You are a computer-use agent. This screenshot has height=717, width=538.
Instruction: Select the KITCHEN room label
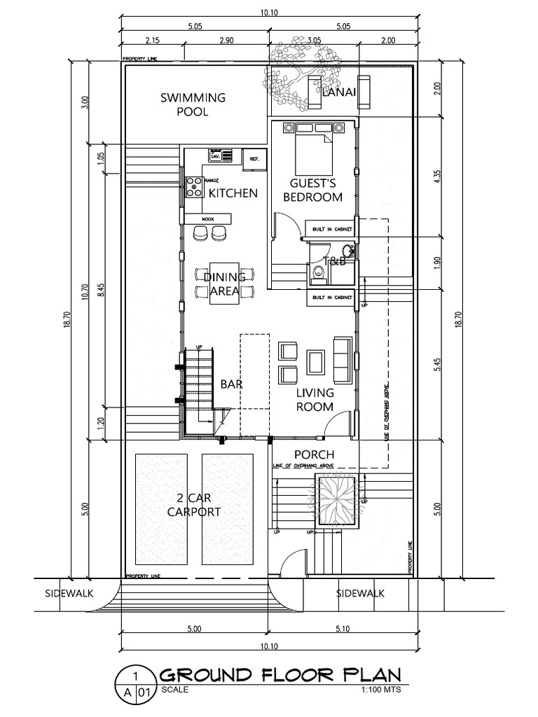coord(233,193)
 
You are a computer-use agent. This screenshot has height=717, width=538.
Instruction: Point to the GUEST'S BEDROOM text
coord(312,190)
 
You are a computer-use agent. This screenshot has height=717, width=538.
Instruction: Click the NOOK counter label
coord(207,218)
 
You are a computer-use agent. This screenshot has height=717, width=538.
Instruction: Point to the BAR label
coord(231,384)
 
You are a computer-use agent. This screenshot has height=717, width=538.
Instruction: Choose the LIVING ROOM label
coord(315,399)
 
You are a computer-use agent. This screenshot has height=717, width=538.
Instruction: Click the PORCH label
coord(314,454)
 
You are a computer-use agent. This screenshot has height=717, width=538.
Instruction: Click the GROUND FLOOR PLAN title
coord(280,675)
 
